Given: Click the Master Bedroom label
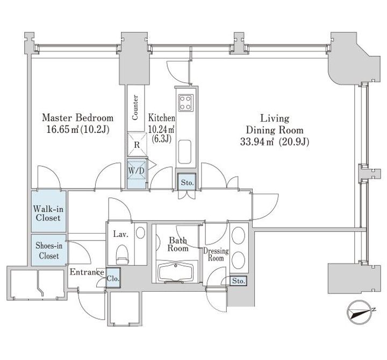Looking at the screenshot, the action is click(x=78, y=118).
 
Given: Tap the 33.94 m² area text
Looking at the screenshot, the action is click(x=257, y=142).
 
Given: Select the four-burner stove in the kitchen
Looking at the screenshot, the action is click(x=185, y=103).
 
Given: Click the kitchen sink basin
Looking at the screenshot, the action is click(x=184, y=152).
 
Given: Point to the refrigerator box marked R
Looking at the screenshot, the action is click(x=137, y=145).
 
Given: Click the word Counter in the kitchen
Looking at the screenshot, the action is click(x=135, y=108).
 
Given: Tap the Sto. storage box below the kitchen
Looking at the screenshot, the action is click(x=187, y=182).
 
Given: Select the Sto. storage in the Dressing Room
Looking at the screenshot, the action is click(x=239, y=281).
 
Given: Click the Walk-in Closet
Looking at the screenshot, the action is click(x=48, y=211).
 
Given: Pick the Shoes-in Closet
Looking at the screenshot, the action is click(x=48, y=250).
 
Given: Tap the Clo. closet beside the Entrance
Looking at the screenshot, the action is click(x=113, y=278).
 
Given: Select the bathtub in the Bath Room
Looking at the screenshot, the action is click(x=175, y=272).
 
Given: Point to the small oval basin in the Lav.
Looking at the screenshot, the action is click(x=140, y=233).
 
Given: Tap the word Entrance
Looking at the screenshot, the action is click(x=87, y=272).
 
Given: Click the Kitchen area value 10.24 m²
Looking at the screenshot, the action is click(x=162, y=129).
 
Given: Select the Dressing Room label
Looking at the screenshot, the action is click(x=216, y=255).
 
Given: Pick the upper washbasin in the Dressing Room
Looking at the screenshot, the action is click(x=239, y=234).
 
